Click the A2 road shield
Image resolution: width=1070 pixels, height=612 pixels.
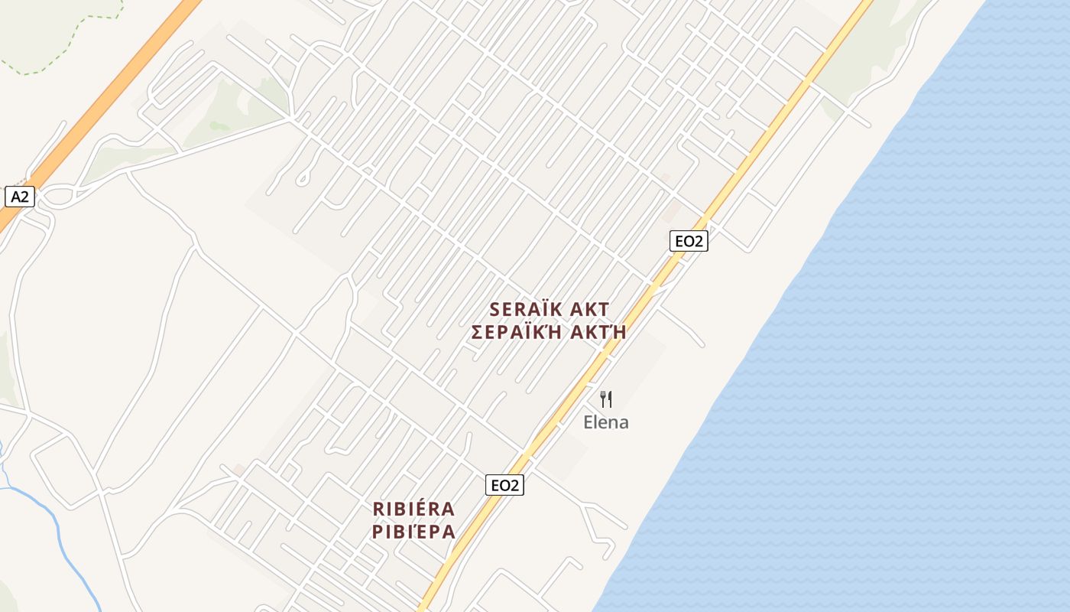[x=20, y=197]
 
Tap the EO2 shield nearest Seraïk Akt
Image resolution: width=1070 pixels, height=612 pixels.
[x=689, y=241]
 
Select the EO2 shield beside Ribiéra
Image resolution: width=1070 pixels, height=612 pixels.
[x=504, y=484]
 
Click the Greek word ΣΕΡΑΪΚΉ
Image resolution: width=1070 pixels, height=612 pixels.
[x=518, y=332]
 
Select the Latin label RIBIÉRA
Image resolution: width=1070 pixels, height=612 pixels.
[x=413, y=509]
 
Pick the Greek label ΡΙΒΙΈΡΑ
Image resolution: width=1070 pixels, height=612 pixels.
[x=413, y=531]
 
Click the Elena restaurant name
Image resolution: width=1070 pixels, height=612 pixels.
[x=606, y=422]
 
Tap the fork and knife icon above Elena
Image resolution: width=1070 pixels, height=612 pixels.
[x=606, y=399]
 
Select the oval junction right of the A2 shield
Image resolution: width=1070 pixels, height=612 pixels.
[x=57, y=197]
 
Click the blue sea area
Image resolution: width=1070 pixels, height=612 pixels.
[x=917, y=344]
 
